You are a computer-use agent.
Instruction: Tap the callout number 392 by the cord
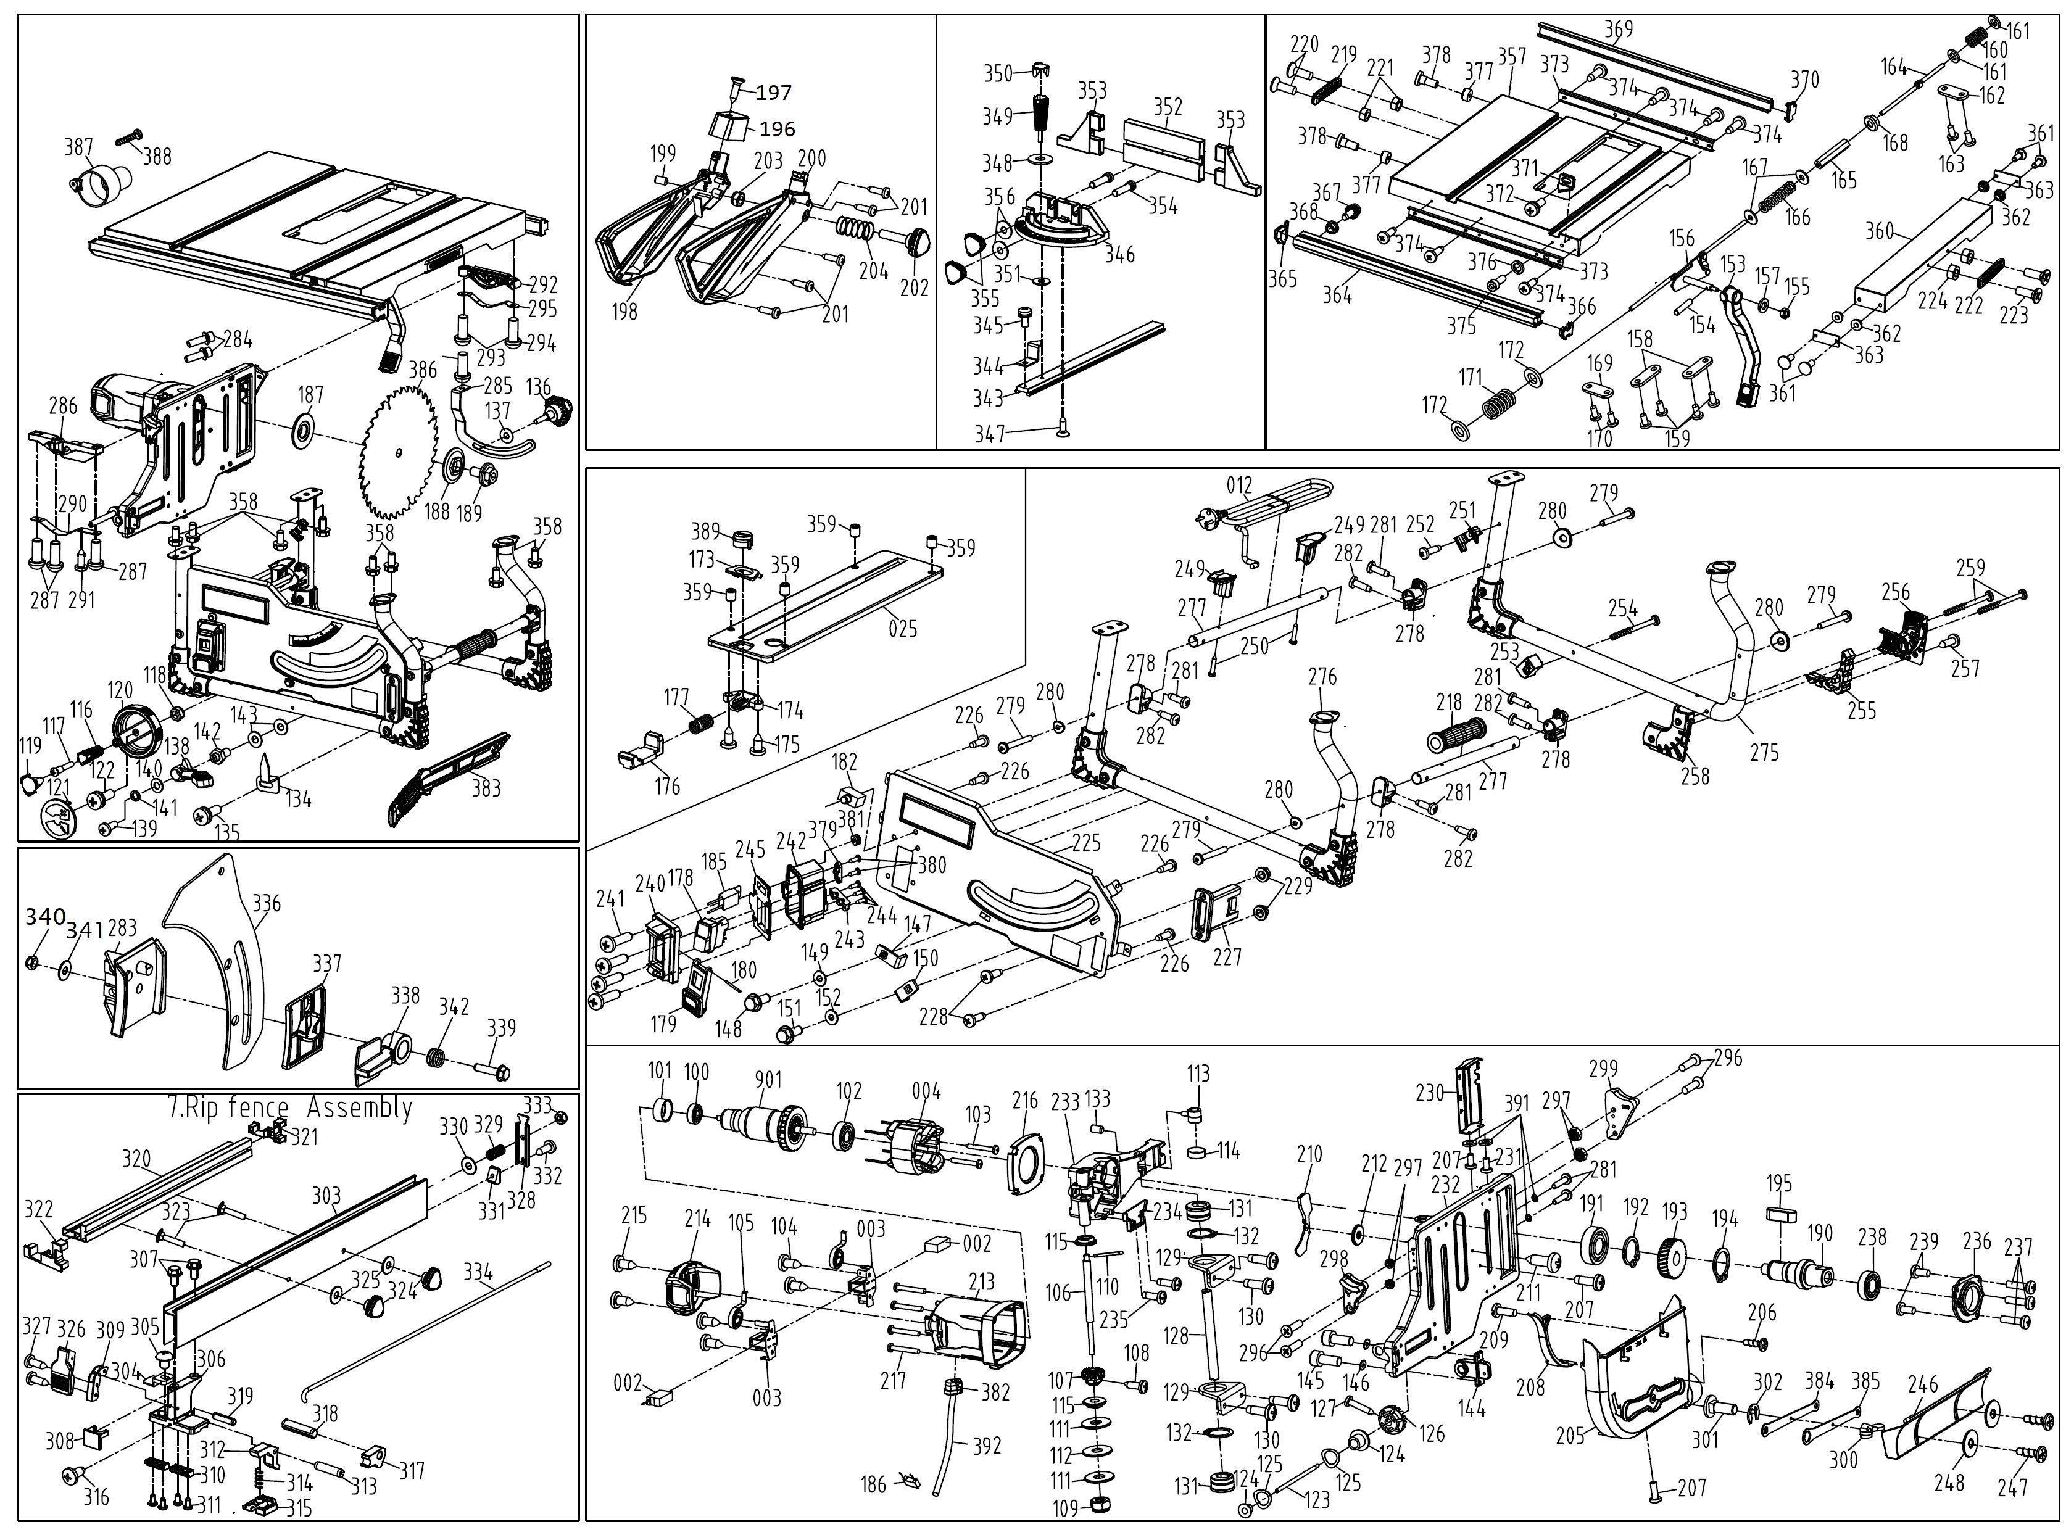[987, 1445]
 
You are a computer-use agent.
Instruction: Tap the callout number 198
[625, 312]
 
